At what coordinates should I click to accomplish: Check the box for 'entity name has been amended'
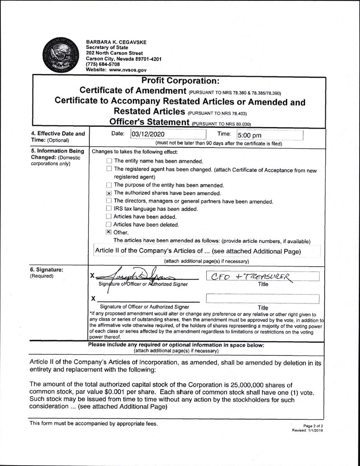[x=109, y=161]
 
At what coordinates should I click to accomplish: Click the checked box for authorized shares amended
[x=109, y=193]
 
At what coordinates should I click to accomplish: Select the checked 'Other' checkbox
[x=109, y=233]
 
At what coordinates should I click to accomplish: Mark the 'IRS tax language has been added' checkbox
[x=109, y=209]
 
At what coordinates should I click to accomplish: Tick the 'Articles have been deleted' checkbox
[x=109, y=225]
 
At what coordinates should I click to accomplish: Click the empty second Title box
[x=263, y=298]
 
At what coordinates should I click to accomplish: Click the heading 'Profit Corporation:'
[x=180, y=81]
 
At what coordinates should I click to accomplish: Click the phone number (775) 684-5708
[x=103, y=64]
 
